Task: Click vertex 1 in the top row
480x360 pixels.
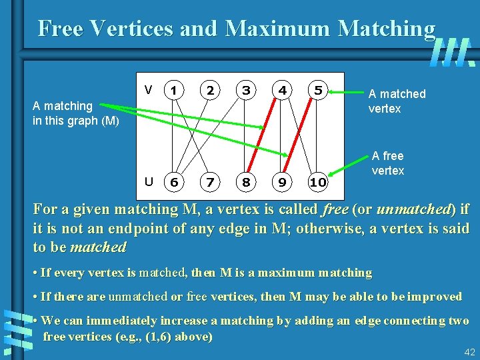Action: [x=173, y=90]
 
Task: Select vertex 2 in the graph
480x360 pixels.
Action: [x=210, y=90]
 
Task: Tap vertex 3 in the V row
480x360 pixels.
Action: [x=247, y=90]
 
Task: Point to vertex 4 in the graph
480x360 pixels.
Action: [x=283, y=90]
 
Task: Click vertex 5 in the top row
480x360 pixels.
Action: [x=319, y=90]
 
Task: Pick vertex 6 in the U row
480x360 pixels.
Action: [x=173, y=182]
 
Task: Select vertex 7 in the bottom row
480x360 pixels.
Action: [x=210, y=182]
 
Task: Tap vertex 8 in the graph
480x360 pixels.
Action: [x=247, y=182]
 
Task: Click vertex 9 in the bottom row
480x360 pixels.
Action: [x=283, y=182]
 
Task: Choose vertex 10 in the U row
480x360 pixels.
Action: [x=318, y=182]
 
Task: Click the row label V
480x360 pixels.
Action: [x=149, y=89]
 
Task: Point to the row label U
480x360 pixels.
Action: [x=149, y=181]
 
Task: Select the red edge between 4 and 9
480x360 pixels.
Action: [x=280, y=136]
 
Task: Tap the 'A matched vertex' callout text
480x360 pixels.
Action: [x=397, y=101]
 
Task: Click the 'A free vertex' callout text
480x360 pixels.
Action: [x=387, y=163]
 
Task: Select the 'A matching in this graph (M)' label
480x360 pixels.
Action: [x=75, y=113]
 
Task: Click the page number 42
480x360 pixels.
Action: [x=469, y=352]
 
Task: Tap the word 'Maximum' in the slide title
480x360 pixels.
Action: [x=279, y=28]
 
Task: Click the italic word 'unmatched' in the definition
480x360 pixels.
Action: [x=414, y=209]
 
